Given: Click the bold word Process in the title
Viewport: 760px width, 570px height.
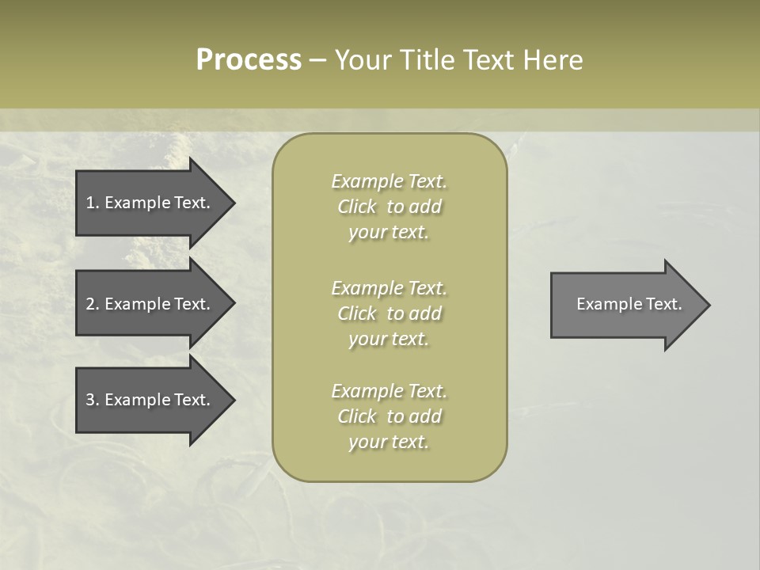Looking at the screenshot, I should click(x=249, y=60).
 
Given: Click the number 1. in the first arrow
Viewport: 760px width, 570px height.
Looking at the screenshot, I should click(x=92, y=203).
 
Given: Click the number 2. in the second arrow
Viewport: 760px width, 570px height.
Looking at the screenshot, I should click(x=92, y=304).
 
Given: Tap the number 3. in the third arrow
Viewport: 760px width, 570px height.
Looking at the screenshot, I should click(x=92, y=400).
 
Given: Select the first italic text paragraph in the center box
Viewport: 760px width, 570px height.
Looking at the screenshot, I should click(x=389, y=207).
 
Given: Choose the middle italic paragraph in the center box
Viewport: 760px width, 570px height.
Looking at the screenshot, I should click(x=389, y=313).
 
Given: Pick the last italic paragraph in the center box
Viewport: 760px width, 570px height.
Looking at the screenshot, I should click(x=389, y=416).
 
